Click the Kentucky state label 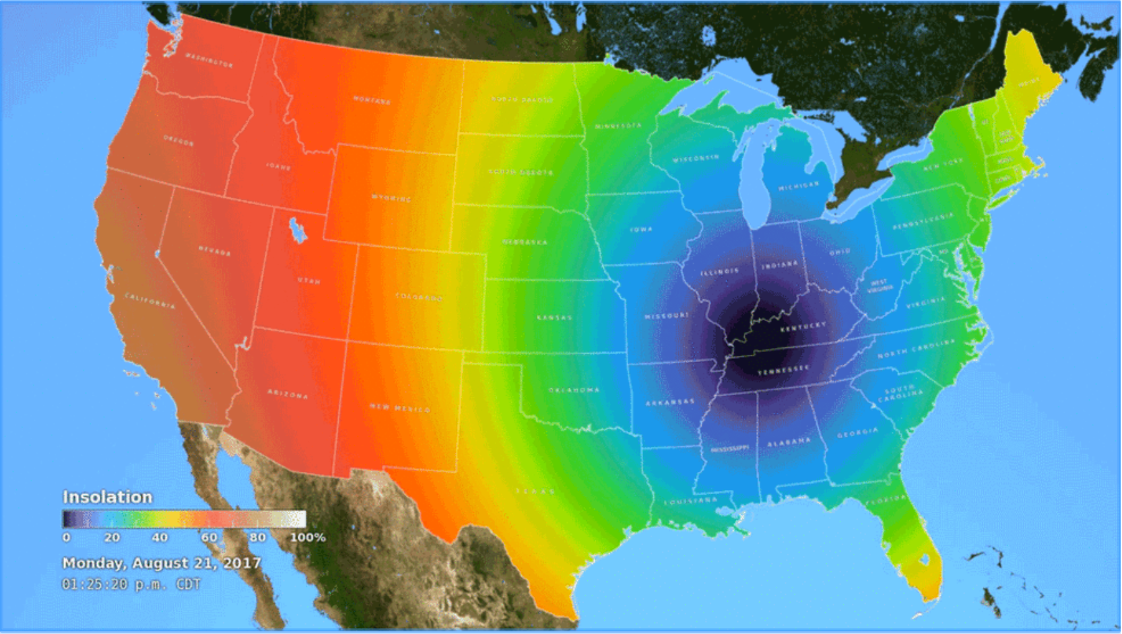click(x=803, y=327)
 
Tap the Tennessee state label click(x=783, y=370)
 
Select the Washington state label click(x=209, y=60)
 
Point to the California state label click(x=150, y=301)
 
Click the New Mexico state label click(x=399, y=407)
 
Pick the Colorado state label click(x=419, y=296)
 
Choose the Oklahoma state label click(x=574, y=390)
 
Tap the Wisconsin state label click(x=696, y=159)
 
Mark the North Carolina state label click(x=916, y=349)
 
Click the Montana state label click(x=372, y=100)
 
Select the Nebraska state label click(x=525, y=242)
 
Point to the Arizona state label click(x=288, y=394)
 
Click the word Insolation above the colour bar click(x=108, y=497)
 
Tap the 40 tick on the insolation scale click(x=160, y=537)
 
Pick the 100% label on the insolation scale click(x=308, y=537)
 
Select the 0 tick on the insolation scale click(x=66, y=537)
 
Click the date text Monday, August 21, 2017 click(x=162, y=563)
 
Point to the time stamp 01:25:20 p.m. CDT click(x=131, y=584)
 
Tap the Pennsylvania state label click(x=923, y=221)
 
